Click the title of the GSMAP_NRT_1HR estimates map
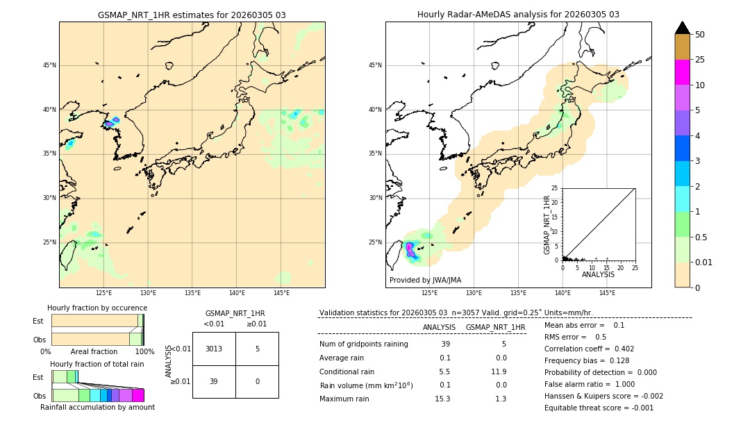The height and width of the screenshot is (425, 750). point(192,15)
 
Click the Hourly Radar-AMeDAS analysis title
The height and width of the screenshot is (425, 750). point(518,15)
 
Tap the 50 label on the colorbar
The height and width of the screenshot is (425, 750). point(700,35)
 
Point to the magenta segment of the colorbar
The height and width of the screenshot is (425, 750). point(682,72)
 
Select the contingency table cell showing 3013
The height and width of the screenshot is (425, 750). point(214,349)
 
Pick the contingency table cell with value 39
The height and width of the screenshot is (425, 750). point(214,381)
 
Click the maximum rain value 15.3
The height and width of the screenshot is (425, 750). point(442,399)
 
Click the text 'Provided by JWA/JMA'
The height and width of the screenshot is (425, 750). point(425,280)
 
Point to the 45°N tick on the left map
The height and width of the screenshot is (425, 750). point(49,65)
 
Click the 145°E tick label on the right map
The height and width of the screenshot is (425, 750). point(607,293)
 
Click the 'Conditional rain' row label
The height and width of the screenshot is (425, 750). point(347,372)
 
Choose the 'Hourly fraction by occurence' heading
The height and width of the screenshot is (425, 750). point(97,308)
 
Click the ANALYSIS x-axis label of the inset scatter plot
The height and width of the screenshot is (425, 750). point(598,274)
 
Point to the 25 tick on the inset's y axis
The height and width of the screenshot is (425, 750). point(555,188)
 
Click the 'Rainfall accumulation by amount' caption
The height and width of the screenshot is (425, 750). point(97,407)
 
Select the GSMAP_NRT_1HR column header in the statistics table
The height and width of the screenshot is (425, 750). point(495,327)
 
